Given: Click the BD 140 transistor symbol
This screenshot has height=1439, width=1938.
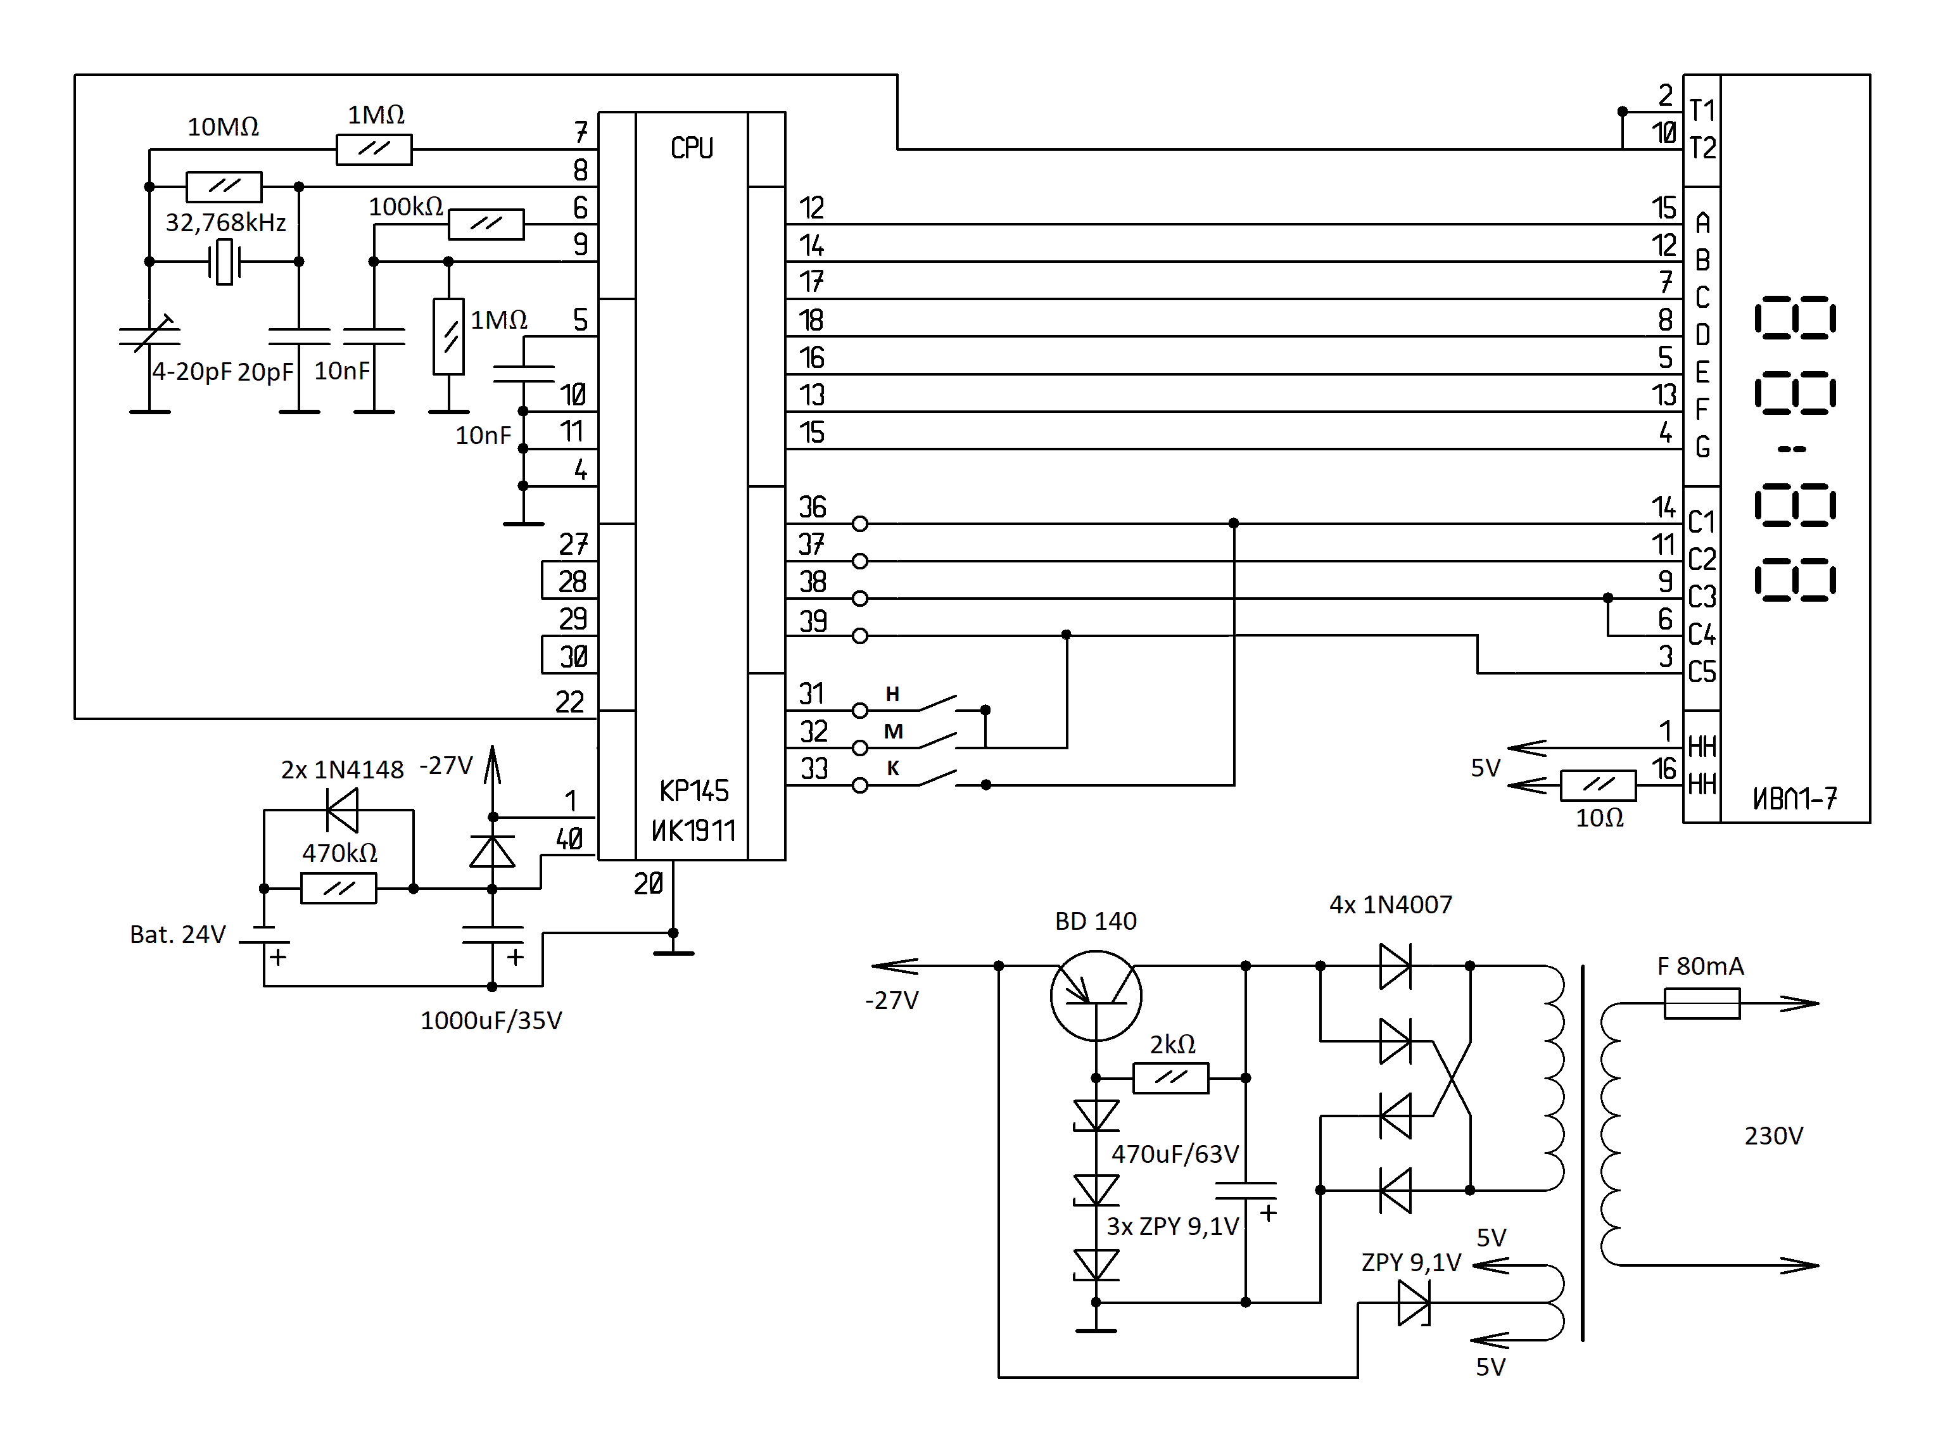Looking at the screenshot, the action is [1095, 996].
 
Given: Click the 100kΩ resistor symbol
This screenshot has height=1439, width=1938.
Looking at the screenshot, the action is [486, 224].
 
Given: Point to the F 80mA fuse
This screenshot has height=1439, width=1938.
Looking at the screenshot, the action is [1701, 1003].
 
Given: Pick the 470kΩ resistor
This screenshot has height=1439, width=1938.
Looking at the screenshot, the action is [338, 889].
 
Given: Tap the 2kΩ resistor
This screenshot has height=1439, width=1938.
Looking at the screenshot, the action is [1170, 1077].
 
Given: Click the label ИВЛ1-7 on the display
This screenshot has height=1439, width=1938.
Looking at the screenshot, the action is [1794, 798].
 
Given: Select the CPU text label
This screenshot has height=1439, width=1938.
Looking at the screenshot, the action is [692, 148].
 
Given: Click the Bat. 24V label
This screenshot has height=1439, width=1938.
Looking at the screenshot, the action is [178, 935].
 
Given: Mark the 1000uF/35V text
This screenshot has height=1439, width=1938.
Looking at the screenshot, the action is [491, 1020].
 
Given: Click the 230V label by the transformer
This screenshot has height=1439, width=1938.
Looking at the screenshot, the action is [1773, 1136].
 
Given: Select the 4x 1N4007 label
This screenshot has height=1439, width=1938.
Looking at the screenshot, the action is [1390, 904].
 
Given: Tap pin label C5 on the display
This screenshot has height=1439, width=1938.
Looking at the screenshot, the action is [1702, 671].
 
